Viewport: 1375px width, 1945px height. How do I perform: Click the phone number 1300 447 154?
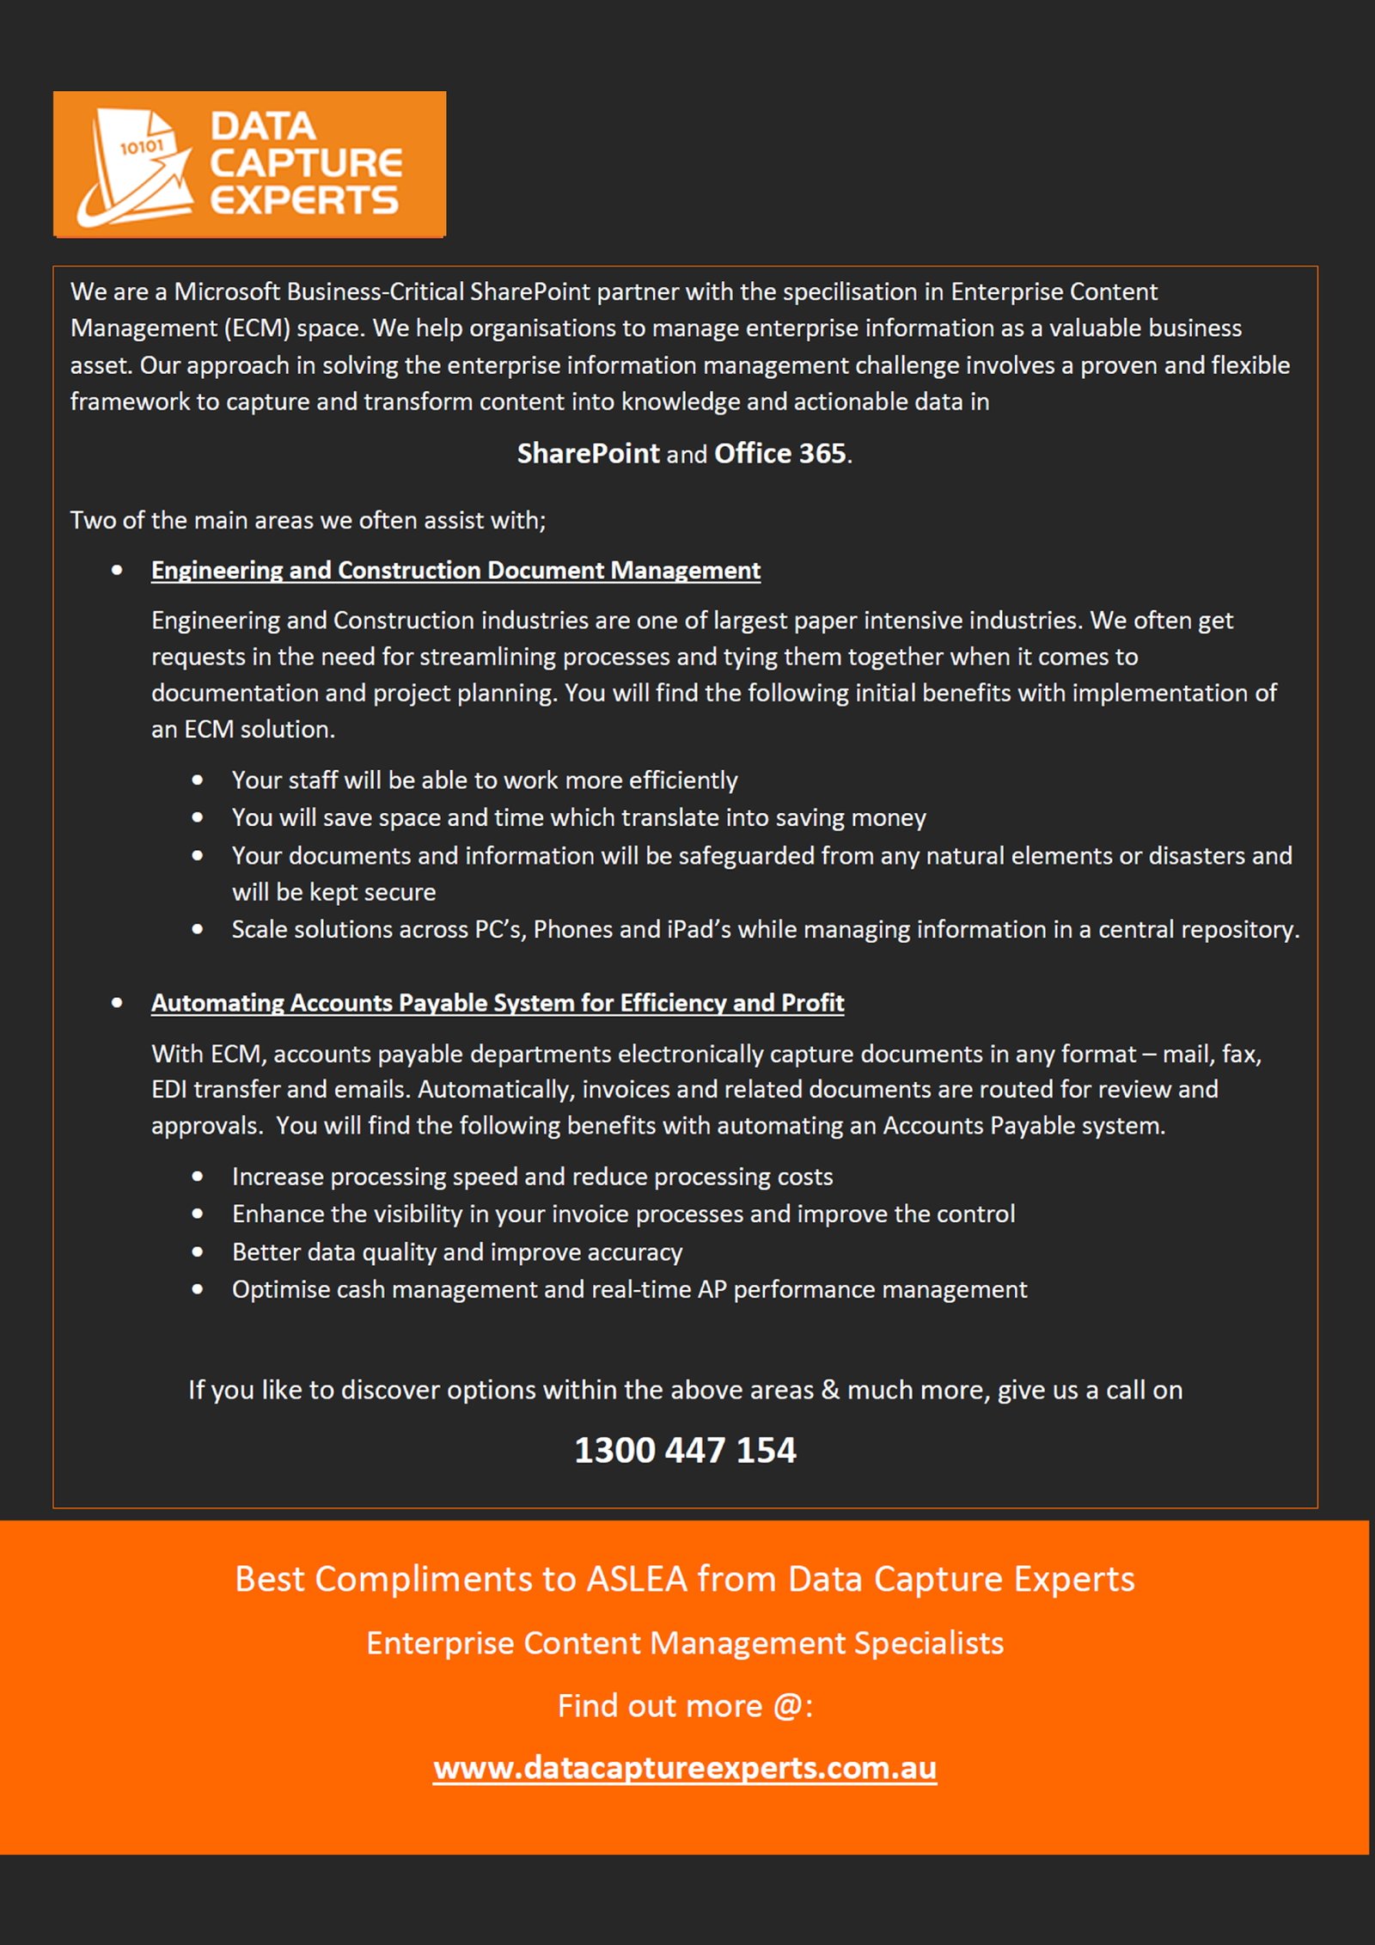[x=685, y=1450]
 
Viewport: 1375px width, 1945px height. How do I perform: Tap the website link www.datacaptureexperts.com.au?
[x=685, y=1768]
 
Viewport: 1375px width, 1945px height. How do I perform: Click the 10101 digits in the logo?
[x=141, y=147]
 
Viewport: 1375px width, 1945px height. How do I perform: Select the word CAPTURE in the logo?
[x=306, y=163]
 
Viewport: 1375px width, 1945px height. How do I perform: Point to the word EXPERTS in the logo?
[x=304, y=200]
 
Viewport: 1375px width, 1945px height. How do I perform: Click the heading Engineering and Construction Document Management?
[x=455, y=570]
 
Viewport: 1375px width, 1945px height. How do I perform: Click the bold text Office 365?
[x=780, y=453]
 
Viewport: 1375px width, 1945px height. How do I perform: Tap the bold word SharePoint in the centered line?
[x=588, y=453]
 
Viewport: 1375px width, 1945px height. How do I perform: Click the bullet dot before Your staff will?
[x=198, y=780]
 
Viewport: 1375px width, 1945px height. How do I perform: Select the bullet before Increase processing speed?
[x=198, y=1177]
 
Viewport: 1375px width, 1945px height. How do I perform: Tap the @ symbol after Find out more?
[x=786, y=1706]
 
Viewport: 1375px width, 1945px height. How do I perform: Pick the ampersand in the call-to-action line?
[x=830, y=1390]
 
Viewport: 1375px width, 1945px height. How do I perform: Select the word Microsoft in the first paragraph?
[x=227, y=292]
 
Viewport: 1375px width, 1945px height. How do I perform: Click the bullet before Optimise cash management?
[x=198, y=1289]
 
